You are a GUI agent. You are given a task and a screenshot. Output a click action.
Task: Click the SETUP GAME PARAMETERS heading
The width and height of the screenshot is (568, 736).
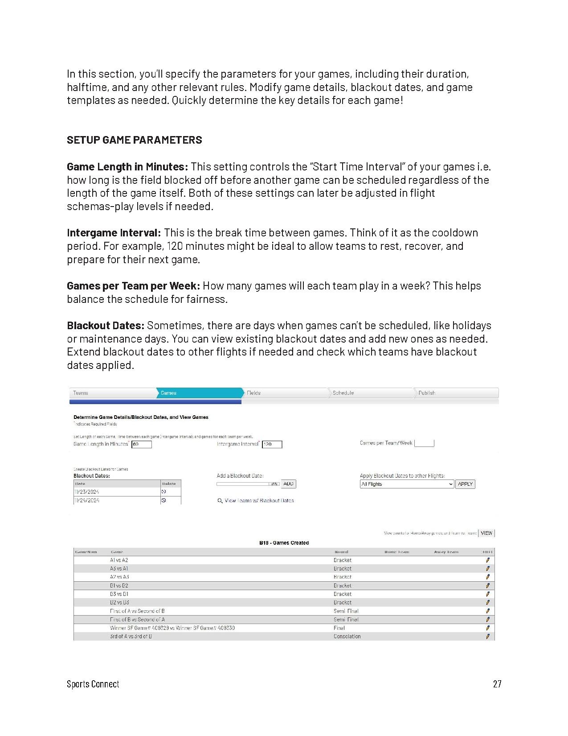click(x=134, y=140)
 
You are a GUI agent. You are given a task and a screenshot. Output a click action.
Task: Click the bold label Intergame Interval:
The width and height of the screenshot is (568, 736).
click(x=114, y=233)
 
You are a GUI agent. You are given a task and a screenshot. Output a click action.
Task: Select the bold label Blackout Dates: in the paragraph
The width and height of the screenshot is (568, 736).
click(x=106, y=326)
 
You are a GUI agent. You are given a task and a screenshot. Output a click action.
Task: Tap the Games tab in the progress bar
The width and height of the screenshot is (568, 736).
click(x=198, y=393)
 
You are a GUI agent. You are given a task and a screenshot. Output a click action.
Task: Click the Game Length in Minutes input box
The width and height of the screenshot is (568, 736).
click(x=142, y=444)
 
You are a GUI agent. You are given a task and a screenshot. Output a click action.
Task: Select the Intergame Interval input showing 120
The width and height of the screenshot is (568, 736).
click(x=272, y=444)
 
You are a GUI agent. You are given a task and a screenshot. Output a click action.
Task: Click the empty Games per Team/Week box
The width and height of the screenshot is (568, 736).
click(x=424, y=443)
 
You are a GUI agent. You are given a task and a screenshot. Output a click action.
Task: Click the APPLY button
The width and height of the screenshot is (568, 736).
click(x=465, y=484)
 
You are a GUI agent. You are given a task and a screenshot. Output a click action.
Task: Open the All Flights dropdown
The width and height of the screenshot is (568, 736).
click(x=407, y=484)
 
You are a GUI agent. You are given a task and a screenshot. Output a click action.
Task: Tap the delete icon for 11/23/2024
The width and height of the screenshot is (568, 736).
click(x=163, y=492)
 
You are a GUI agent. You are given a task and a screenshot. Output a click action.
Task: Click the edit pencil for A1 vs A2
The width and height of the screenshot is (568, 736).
click(x=487, y=560)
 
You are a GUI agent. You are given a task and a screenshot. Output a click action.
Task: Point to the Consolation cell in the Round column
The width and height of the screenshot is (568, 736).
click(x=347, y=637)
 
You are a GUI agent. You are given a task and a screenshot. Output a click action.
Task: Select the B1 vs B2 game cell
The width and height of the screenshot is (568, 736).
click(x=119, y=586)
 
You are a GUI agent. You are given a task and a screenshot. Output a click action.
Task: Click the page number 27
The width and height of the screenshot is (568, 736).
click(x=497, y=684)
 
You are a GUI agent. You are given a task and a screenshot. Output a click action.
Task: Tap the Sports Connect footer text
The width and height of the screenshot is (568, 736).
click(x=93, y=684)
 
